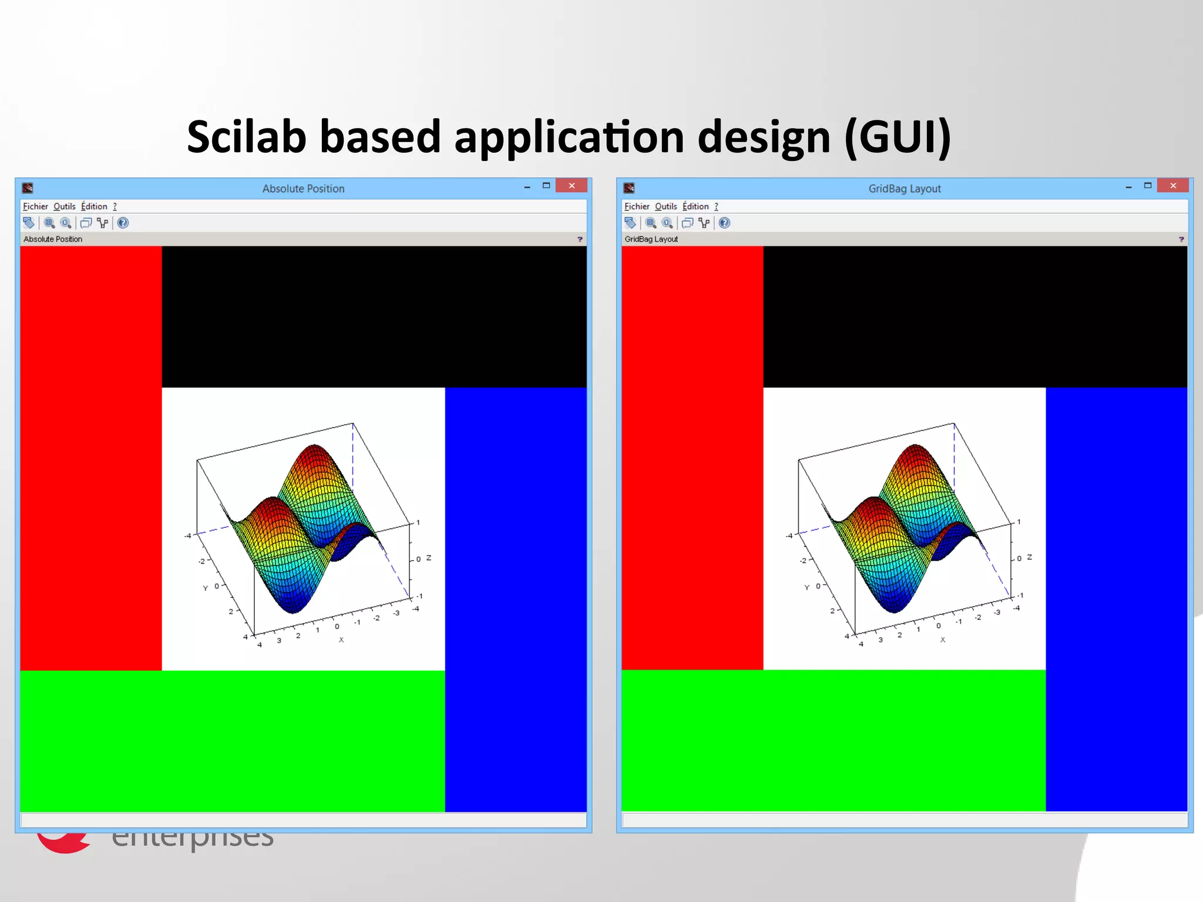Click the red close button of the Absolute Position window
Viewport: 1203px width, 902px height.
pyautogui.click(x=572, y=186)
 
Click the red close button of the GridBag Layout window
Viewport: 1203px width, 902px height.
pyautogui.click(x=1173, y=186)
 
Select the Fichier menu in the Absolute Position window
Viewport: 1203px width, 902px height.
pyautogui.click(x=35, y=207)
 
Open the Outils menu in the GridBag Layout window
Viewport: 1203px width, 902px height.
pyautogui.click(x=666, y=207)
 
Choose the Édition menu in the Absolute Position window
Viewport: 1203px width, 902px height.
pyautogui.click(x=94, y=207)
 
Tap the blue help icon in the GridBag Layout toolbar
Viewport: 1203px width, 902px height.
pyautogui.click(x=724, y=223)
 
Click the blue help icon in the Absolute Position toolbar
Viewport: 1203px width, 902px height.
pyautogui.click(x=123, y=223)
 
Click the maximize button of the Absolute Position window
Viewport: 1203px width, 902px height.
pyautogui.click(x=546, y=186)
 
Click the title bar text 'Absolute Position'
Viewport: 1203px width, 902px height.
pyautogui.click(x=303, y=189)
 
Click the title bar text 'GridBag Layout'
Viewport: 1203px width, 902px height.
pyautogui.click(x=905, y=189)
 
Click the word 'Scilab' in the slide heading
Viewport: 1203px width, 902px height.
pyautogui.click(x=247, y=137)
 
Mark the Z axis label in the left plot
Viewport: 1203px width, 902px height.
pyautogui.click(x=429, y=558)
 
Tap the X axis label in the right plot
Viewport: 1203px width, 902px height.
pyautogui.click(x=943, y=640)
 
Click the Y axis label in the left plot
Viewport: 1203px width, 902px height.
pyautogui.click(x=206, y=588)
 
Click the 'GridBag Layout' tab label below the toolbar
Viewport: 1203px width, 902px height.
pyautogui.click(x=651, y=240)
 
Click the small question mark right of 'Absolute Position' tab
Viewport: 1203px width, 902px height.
pyautogui.click(x=580, y=240)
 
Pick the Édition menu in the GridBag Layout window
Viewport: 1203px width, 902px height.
pyautogui.click(x=695, y=207)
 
